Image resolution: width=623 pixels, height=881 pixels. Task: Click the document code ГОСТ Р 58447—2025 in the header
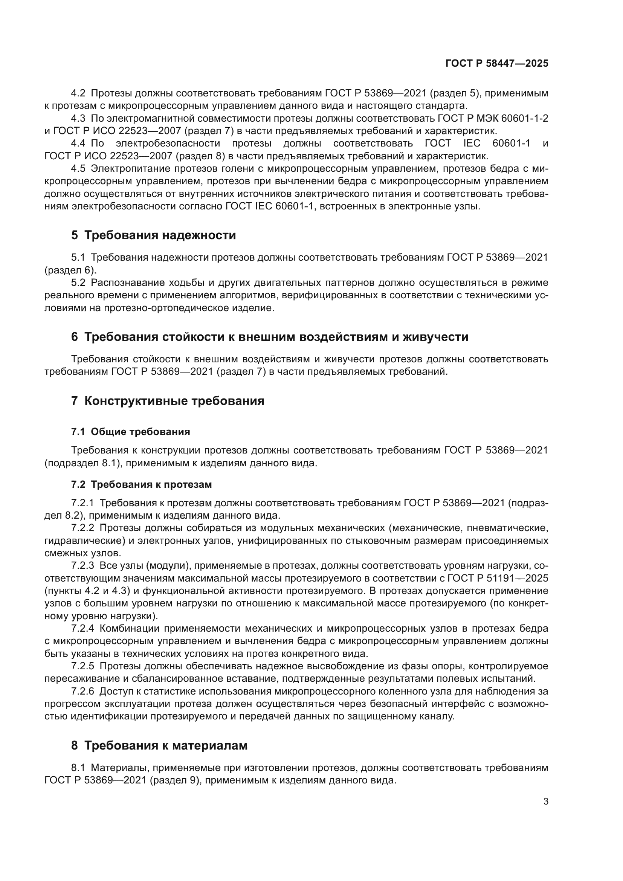coord(497,63)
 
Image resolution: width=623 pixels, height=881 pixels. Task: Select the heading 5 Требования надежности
coord(153,235)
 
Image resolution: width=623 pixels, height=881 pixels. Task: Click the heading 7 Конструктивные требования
coord(168,401)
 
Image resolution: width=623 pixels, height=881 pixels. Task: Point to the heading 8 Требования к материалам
coord(159,745)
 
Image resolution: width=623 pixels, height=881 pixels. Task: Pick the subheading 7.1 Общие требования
coord(130,432)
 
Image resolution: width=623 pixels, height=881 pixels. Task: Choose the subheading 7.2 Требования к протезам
coord(141,484)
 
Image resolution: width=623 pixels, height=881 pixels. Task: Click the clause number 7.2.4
coord(82,628)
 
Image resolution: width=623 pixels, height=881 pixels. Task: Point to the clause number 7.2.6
coord(82,691)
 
